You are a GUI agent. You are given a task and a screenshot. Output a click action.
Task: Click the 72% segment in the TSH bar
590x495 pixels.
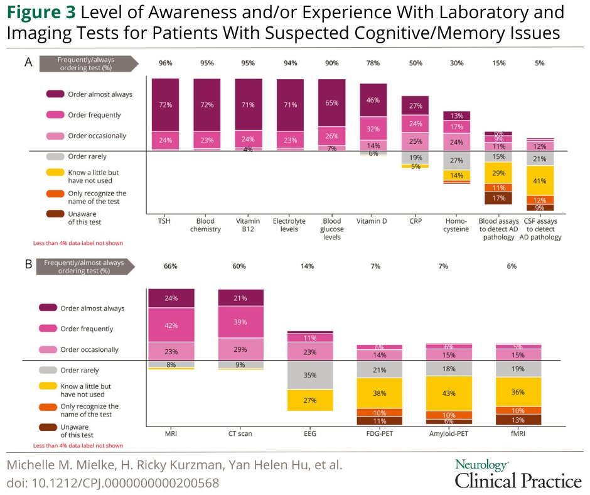165,104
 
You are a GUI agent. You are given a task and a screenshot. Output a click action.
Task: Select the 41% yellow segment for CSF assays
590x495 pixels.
539,180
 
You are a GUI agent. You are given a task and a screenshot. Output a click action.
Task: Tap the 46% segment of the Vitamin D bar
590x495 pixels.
373,101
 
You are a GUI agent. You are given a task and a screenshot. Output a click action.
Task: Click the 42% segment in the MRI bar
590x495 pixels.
171,325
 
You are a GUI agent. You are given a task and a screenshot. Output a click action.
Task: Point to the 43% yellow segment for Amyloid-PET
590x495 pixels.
448,393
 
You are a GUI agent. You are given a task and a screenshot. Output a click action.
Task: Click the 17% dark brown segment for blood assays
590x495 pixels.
498,198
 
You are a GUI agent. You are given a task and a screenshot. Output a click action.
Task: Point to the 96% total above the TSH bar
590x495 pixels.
165,63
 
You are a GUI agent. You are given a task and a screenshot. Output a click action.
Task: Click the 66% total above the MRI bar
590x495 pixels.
171,266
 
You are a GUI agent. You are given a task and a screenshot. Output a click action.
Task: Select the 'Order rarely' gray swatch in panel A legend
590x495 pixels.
55,156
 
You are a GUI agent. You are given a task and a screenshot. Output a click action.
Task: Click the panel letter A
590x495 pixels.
28,62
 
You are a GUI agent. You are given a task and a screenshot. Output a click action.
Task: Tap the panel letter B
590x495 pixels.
28,264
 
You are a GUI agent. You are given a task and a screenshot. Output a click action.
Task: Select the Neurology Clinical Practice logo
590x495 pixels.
518,474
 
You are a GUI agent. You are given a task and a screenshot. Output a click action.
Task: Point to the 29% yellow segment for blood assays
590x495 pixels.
498,173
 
